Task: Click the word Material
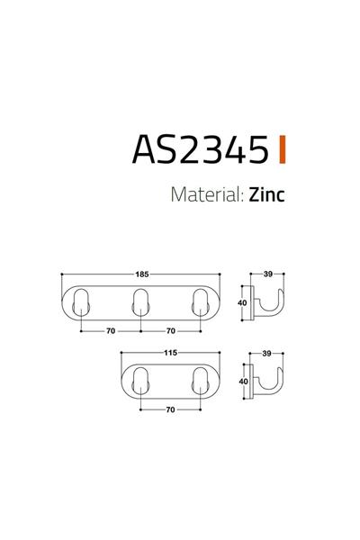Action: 202,195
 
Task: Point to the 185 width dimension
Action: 141,274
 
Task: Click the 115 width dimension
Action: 169,353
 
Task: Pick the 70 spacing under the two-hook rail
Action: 169,409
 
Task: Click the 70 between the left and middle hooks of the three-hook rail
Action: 111,331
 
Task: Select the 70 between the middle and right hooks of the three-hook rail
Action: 169,331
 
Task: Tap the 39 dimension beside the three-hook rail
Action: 268,274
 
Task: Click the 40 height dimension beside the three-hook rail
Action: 242,302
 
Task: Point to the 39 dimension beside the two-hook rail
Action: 268,353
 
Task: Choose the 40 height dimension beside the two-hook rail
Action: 242,381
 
